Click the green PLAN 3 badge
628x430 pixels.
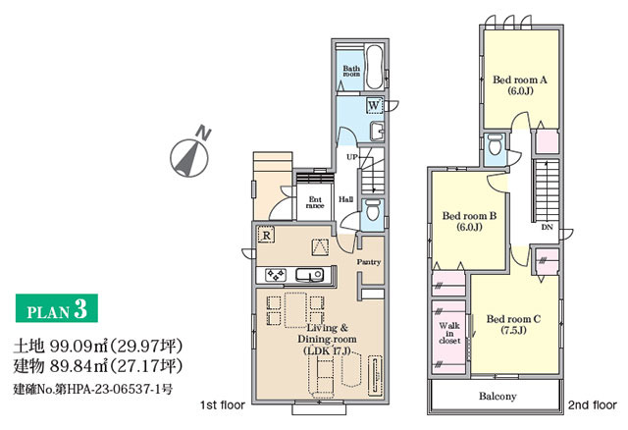pos(57,308)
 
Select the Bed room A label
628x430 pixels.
pos(520,85)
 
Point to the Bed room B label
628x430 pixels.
pos(469,221)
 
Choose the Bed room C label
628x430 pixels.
pos(513,325)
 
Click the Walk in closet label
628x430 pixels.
pos(449,333)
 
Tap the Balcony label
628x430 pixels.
pos(497,397)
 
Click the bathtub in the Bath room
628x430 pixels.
pos(375,67)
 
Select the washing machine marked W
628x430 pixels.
pos(374,105)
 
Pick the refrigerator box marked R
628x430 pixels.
pos(266,235)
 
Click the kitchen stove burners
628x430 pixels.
pos(277,275)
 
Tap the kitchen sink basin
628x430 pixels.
pos(310,275)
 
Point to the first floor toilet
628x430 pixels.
pos(373,210)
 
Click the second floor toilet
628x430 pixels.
pos(495,144)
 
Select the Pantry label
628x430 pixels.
pos(369,262)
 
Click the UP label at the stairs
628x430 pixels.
pos(351,157)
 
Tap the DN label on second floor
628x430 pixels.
pos(548,227)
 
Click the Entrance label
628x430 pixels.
pos(315,202)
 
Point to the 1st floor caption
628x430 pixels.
pos(223,405)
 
